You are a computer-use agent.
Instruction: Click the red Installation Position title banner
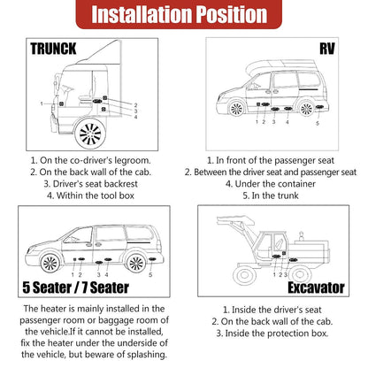pos(184,16)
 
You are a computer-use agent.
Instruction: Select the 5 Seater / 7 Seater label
pos(74,287)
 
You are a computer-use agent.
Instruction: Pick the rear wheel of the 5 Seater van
pos(138,264)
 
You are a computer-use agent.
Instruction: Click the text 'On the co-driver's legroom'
pos(90,159)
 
